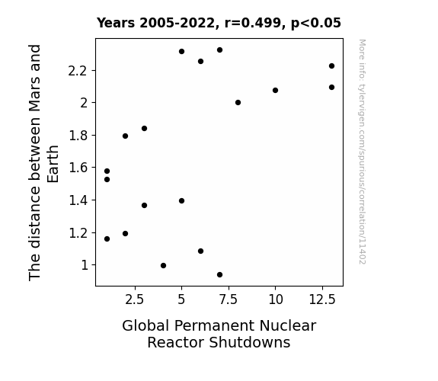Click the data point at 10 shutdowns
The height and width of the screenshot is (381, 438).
pyautogui.click(x=275, y=90)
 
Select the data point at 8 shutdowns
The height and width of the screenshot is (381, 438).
pyautogui.click(x=238, y=103)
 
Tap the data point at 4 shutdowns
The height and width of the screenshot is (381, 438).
pyautogui.click(x=164, y=265)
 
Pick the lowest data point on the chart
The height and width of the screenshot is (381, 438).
pyautogui.click(x=219, y=275)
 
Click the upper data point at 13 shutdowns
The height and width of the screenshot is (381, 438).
pyautogui.click(x=331, y=66)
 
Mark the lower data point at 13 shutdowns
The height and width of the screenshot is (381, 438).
pyautogui.click(x=331, y=87)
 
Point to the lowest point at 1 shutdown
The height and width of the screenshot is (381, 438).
pyautogui.click(x=107, y=239)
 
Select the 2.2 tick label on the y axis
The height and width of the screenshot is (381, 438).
pyautogui.click(x=78, y=71)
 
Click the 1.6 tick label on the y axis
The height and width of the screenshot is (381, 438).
pyautogui.click(x=78, y=168)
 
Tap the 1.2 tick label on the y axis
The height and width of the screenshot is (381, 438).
pyautogui.click(x=78, y=233)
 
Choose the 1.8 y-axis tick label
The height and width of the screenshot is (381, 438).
pyautogui.click(x=78, y=136)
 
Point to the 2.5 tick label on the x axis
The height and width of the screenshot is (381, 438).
pyautogui.click(x=134, y=300)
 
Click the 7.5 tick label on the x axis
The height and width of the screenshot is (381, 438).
pyautogui.click(x=229, y=300)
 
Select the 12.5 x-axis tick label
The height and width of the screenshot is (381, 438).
pyautogui.click(x=322, y=300)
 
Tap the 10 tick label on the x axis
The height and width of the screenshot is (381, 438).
pyautogui.click(x=276, y=300)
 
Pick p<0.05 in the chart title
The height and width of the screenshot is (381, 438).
pyautogui.click(x=316, y=24)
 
